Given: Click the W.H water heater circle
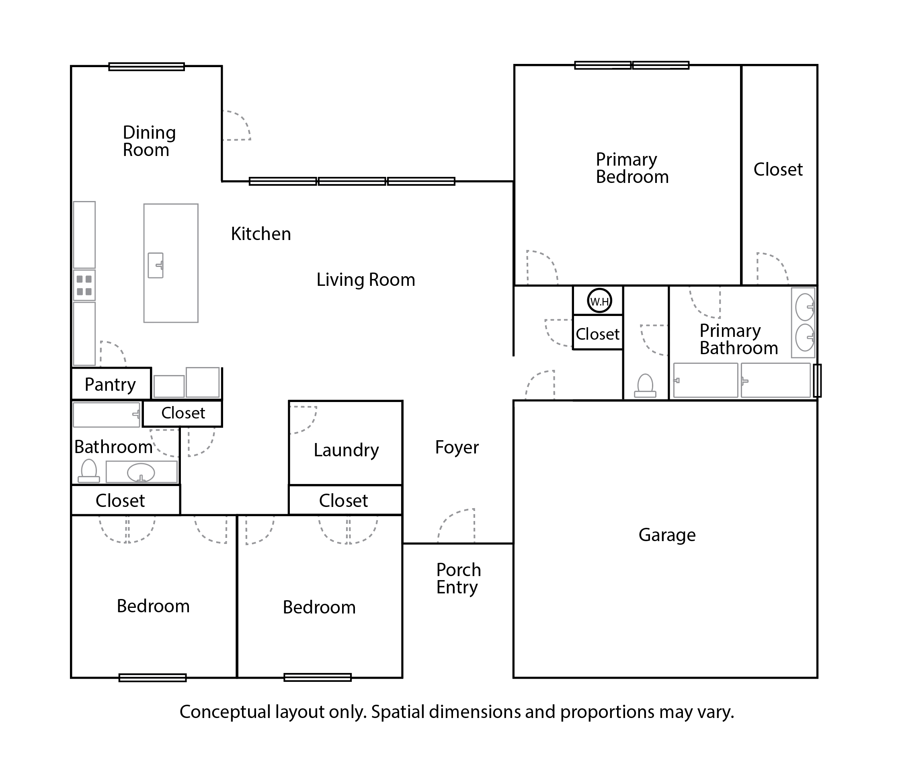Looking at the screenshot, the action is click(x=599, y=301).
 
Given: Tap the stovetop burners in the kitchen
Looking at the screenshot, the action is click(x=84, y=285).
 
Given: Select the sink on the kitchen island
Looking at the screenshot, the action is click(x=156, y=265).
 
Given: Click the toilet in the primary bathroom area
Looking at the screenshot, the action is click(x=646, y=386).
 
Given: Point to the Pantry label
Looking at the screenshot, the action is click(x=110, y=384).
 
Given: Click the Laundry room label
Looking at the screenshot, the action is click(x=346, y=450).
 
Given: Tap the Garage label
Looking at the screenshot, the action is click(x=667, y=535).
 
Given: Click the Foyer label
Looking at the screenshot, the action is click(x=457, y=447).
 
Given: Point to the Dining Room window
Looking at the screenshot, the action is click(x=147, y=67).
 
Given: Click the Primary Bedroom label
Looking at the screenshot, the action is click(x=632, y=168).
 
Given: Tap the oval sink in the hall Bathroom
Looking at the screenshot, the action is click(x=141, y=473).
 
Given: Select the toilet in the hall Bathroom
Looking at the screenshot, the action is click(x=89, y=471).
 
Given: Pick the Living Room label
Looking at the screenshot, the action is click(x=366, y=280).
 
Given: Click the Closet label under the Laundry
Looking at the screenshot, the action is click(x=343, y=501).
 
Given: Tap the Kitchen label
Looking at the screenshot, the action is click(x=261, y=234).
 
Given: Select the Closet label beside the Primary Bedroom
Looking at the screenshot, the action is click(x=778, y=170).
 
